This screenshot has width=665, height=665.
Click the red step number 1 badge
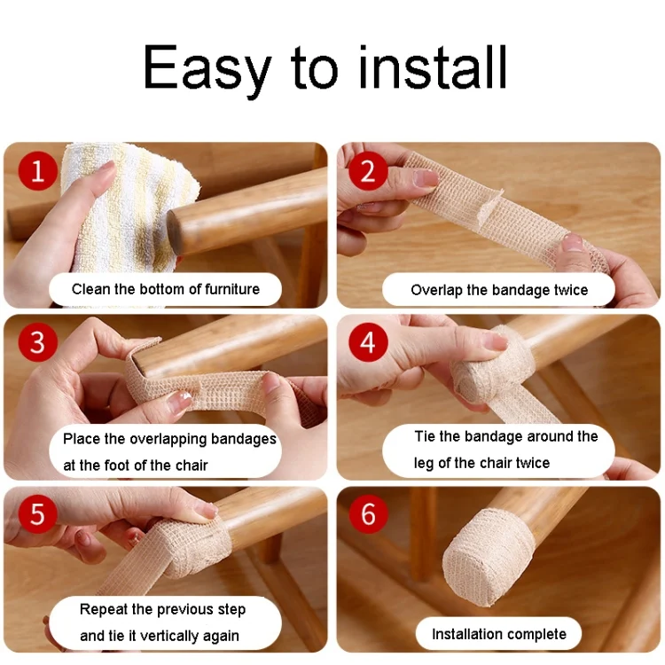(38, 171)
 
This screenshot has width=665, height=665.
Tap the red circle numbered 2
(368, 171)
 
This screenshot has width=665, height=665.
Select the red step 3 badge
(38, 342)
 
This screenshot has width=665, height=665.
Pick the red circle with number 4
(368, 342)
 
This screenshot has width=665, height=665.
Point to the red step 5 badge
(38, 513)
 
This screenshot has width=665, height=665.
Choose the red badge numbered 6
(368, 513)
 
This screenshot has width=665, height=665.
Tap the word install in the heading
(433, 67)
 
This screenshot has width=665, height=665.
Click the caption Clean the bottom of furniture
(166, 289)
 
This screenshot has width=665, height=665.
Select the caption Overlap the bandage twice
(499, 290)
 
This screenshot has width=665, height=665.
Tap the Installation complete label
(498, 634)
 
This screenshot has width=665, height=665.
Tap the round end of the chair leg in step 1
(175, 232)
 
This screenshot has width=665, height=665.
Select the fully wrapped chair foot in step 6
(488, 556)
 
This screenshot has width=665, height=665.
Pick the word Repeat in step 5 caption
(104, 609)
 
